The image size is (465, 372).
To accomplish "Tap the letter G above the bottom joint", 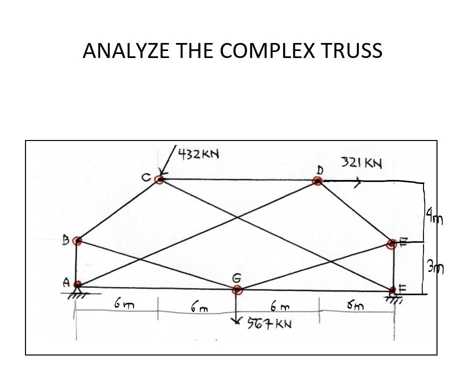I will (x=237, y=277).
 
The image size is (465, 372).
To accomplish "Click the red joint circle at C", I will (x=159, y=179).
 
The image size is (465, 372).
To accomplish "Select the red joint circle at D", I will (x=317, y=181).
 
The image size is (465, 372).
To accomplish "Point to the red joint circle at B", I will (x=76, y=241).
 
